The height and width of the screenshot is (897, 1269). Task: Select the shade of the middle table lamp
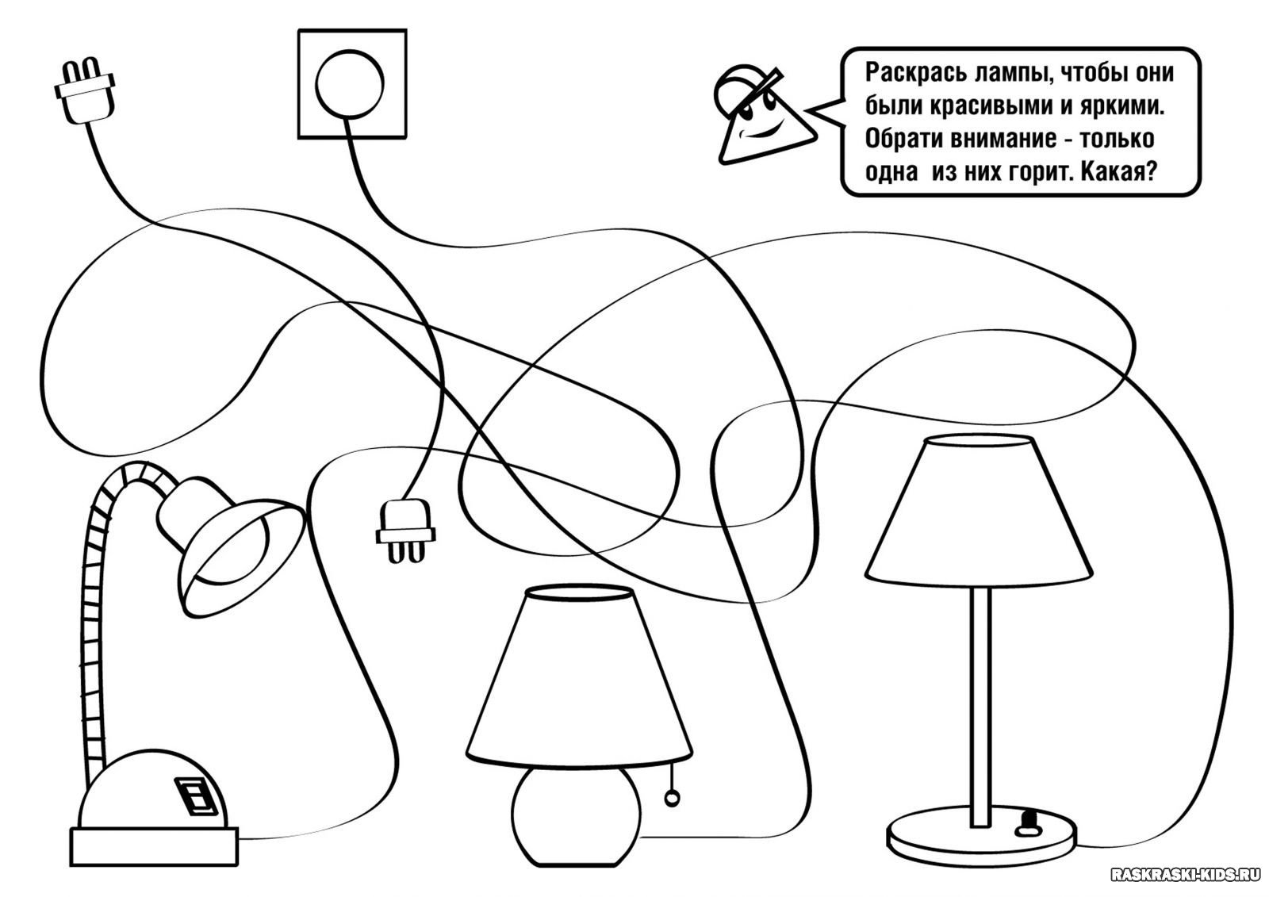(578, 674)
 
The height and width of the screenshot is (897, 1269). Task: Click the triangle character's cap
(742, 86)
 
